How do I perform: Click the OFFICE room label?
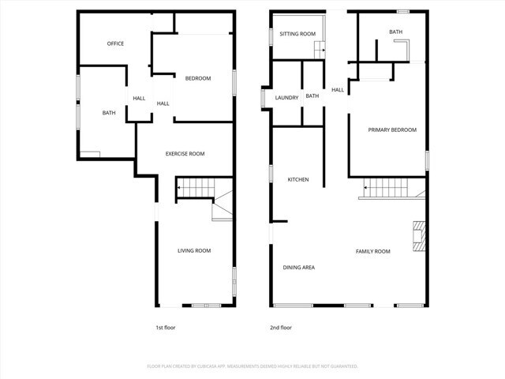coord(115,43)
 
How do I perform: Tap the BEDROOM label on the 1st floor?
coord(198,78)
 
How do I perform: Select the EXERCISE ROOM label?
coord(185,154)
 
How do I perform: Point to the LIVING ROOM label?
coord(193,251)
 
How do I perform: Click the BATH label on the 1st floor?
coord(109,113)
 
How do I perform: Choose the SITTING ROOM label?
coord(297,34)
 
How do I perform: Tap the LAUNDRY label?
coord(286,97)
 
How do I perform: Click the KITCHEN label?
coord(297,180)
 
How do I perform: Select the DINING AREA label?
coord(299,268)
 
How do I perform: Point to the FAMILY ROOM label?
coord(372,252)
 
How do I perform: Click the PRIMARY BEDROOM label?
coord(391,130)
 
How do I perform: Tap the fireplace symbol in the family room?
coord(417,236)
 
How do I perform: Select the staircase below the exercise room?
coord(195,189)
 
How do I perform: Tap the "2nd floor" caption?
coord(280,327)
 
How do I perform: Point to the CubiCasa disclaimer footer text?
coord(252,366)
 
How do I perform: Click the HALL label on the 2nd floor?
coord(338,90)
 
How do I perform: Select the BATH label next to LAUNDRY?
coord(312,96)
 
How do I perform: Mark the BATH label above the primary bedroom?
coord(395,32)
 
